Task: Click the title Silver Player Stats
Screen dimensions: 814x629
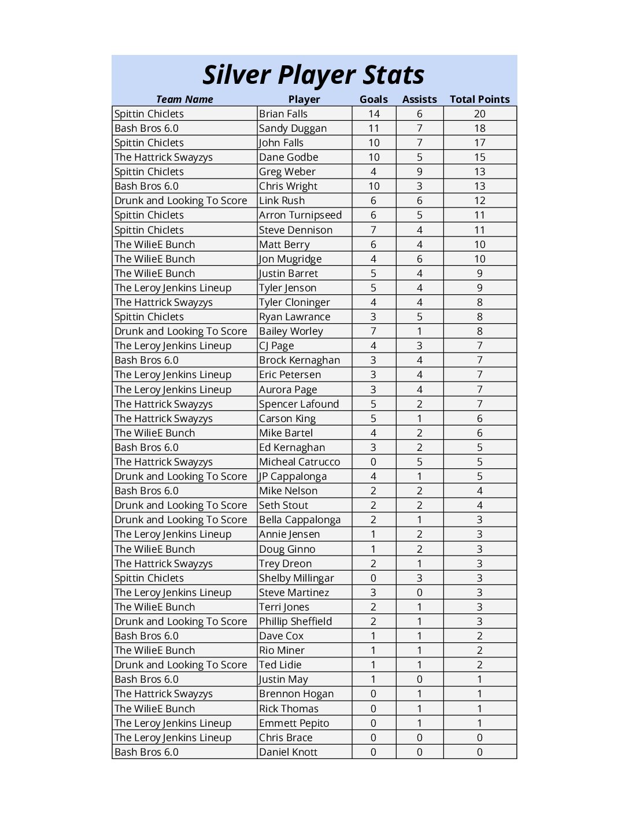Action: (313, 75)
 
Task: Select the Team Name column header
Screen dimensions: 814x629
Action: (184, 99)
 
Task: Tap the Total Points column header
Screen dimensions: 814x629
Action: (480, 99)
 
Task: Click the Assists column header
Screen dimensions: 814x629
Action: (419, 99)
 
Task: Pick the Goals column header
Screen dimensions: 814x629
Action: (373, 99)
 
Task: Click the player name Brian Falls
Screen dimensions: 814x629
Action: (283, 114)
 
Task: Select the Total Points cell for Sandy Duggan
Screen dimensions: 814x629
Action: (480, 128)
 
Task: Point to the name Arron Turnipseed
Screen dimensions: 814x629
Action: (300, 215)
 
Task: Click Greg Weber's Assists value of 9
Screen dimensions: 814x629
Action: (420, 172)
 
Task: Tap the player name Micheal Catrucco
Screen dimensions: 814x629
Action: (299, 462)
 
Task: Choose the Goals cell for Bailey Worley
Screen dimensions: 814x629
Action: (373, 331)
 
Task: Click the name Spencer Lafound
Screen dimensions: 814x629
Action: (299, 404)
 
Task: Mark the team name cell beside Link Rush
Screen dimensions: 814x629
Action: (181, 201)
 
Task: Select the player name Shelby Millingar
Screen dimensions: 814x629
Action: (297, 578)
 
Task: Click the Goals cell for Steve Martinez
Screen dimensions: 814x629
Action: (373, 593)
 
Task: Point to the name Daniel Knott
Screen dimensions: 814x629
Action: (288, 752)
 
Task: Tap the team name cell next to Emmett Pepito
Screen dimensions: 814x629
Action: (173, 723)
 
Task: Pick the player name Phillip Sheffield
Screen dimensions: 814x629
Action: (295, 621)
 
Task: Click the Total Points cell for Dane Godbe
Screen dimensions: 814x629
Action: (480, 157)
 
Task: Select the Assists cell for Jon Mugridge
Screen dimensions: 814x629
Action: (420, 259)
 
